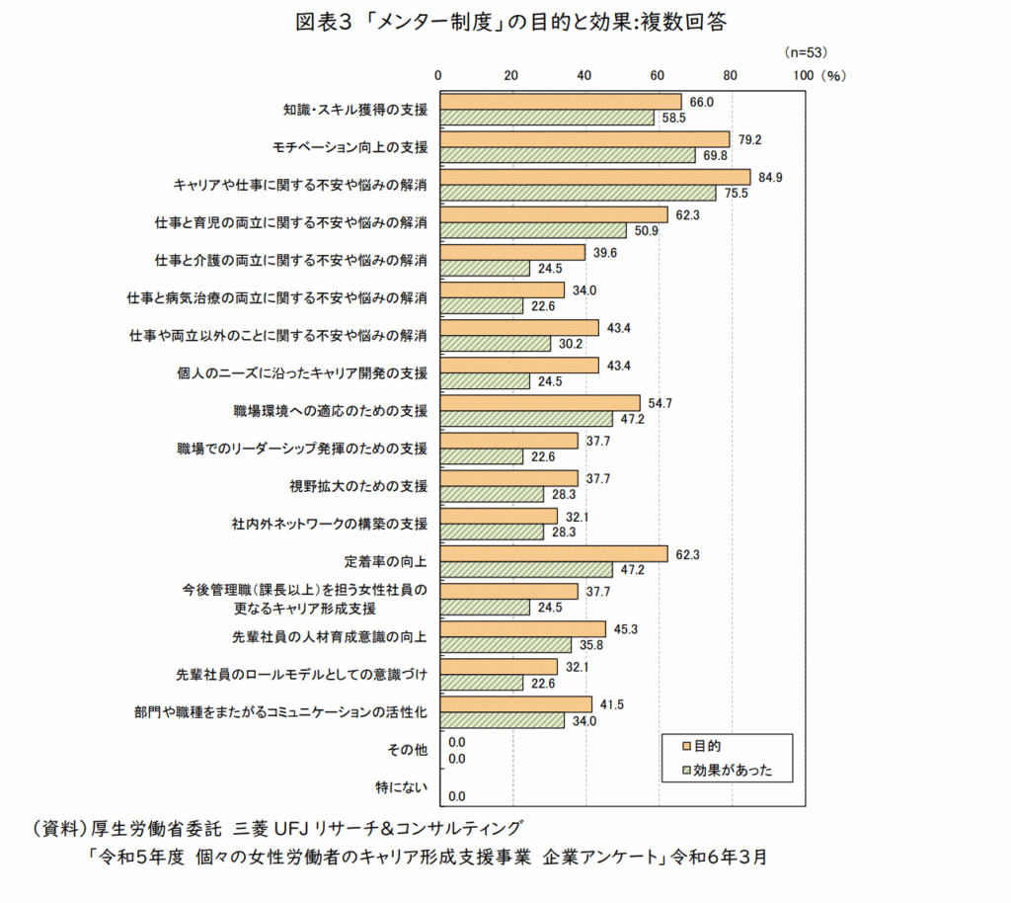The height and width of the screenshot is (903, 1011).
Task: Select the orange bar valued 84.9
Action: pyautogui.click(x=594, y=177)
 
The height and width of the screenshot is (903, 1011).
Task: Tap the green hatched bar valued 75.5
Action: pyautogui.click(x=578, y=193)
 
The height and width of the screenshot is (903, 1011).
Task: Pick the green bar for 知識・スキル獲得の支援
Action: pyautogui.click(x=546, y=118)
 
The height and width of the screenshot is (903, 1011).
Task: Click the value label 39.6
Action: pyautogui.click(x=604, y=252)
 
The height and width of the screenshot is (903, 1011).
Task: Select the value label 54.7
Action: pyautogui.click(x=660, y=403)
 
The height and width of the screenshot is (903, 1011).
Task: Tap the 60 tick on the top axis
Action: pyautogui.click(x=658, y=74)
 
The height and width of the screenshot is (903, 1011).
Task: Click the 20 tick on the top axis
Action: pyautogui.click(x=511, y=74)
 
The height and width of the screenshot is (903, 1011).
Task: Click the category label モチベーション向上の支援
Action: pyautogui.click(x=350, y=147)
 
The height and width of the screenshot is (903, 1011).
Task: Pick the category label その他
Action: pyautogui.click(x=409, y=750)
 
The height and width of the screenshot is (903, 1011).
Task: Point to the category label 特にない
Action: pyautogui.click(x=402, y=788)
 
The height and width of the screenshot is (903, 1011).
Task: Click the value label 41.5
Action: pyautogui.click(x=612, y=704)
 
